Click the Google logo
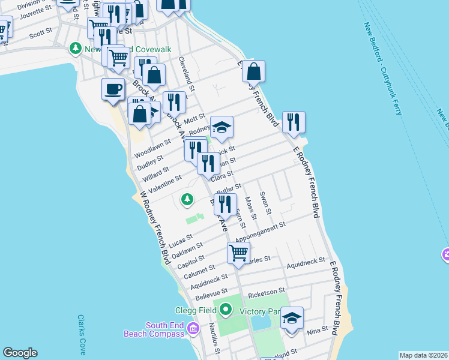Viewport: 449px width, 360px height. coord(20,353)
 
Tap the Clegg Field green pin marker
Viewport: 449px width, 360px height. coord(226,310)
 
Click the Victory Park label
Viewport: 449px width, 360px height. coord(259,311)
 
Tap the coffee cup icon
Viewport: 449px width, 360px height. coord(113,89)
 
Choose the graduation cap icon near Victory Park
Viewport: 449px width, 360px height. coord(292,317)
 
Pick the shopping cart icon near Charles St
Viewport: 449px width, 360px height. coord(239,253)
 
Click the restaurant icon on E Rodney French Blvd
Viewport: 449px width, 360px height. coord(293,122)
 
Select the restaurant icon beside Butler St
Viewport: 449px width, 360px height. coord(225,204)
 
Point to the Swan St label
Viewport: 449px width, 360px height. coord(265,203)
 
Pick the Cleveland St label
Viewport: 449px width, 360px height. coord(187,74)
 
